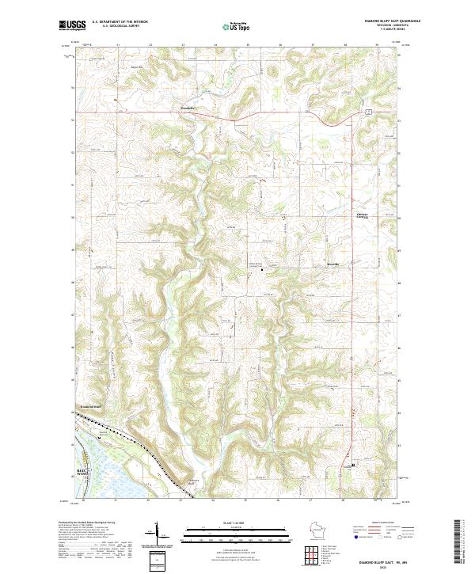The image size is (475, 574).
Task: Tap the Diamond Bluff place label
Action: tap(91, 406)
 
